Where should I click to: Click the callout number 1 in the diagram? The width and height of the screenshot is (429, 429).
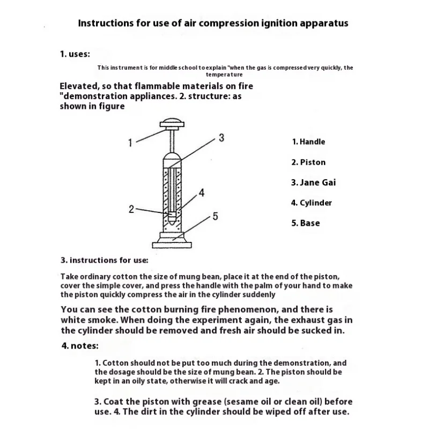[x=130, y=143]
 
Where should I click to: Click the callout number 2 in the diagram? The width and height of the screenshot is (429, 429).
[x=131, y=209]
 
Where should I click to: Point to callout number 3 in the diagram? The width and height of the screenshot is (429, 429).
[x=221, y=138]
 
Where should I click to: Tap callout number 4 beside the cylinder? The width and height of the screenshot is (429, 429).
[x=202, y=193]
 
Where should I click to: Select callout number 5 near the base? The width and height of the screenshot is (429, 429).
[x=215, y=216]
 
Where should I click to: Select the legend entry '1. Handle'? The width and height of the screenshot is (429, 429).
[x=308, y=142]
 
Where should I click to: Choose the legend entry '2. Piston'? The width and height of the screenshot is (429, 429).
[x=308, y=162]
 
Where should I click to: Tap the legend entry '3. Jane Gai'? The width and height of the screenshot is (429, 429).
[x=314, y=182]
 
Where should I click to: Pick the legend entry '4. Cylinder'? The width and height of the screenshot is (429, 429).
[x=312, y=203]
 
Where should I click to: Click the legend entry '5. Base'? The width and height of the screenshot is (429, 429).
[x=305, y=223]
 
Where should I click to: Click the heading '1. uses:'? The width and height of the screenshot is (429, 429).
[x=75, y=54]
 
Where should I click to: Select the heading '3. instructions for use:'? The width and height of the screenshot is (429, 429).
[x=104, y=260]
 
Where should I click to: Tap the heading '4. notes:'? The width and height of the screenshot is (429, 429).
[x=80, y=346]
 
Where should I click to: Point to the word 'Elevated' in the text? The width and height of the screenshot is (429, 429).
[x=79, y=86]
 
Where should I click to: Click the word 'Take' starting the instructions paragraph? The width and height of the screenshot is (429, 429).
[x=69, y=277]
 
